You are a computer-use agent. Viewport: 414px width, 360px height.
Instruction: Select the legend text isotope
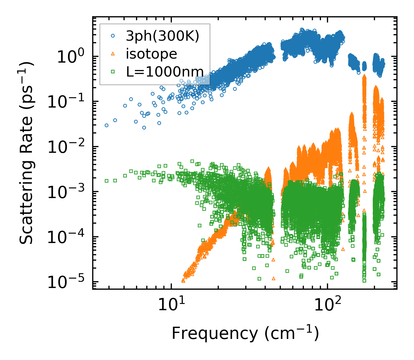151,54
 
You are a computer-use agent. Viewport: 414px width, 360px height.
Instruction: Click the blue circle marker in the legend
113,36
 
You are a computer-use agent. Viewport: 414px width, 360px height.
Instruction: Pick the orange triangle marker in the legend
113,54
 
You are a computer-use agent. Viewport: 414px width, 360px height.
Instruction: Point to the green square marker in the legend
113,71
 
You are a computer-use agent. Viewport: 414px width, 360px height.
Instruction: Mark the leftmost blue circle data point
106,125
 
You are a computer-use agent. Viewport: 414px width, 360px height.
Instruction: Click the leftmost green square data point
106,181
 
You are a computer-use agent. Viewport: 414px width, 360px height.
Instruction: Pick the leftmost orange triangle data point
183,281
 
